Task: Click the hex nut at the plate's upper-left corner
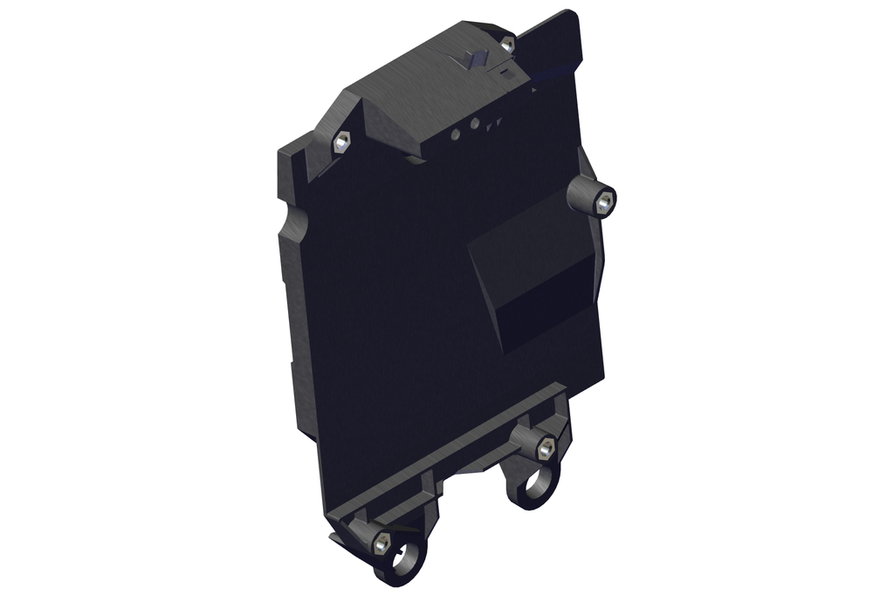click(x=341, y=140)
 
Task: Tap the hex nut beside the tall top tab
click(x=507, y=43)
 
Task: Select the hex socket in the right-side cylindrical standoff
click(x=603, y=202)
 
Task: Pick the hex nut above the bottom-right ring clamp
click(x=546, y=449)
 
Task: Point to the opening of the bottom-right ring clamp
click(x=536, y=483)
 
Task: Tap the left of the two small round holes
click(x=456, y=134)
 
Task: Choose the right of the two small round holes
click(x=474, y=124)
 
